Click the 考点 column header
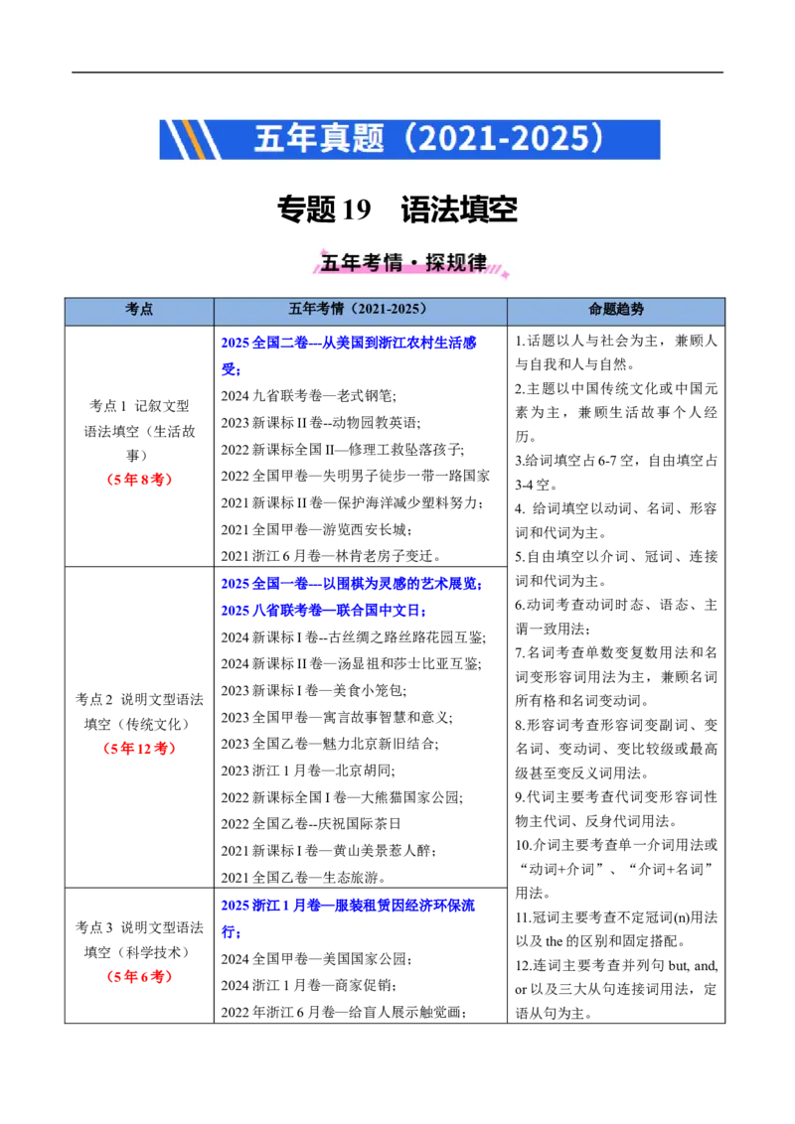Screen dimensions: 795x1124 pos(139,310)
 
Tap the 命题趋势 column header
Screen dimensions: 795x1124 pos(616,310)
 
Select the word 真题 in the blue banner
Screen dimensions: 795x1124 pos(352,139)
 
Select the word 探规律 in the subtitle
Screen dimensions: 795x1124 pos(456,263)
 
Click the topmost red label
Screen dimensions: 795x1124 pos(139,482)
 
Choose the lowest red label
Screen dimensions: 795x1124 pos(139,977)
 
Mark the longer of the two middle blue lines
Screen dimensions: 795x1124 pos(352,585)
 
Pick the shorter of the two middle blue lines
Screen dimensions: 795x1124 pos(324,611)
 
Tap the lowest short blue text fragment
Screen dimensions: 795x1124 pos(232,932)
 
